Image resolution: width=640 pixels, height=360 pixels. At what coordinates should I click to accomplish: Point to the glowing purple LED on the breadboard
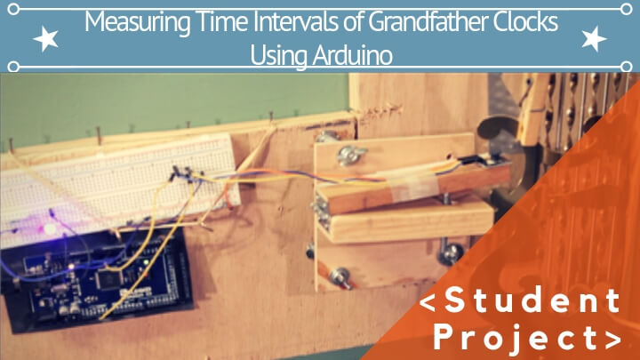coord(52,228)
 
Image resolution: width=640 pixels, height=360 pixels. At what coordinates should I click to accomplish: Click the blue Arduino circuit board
coord(89,276)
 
